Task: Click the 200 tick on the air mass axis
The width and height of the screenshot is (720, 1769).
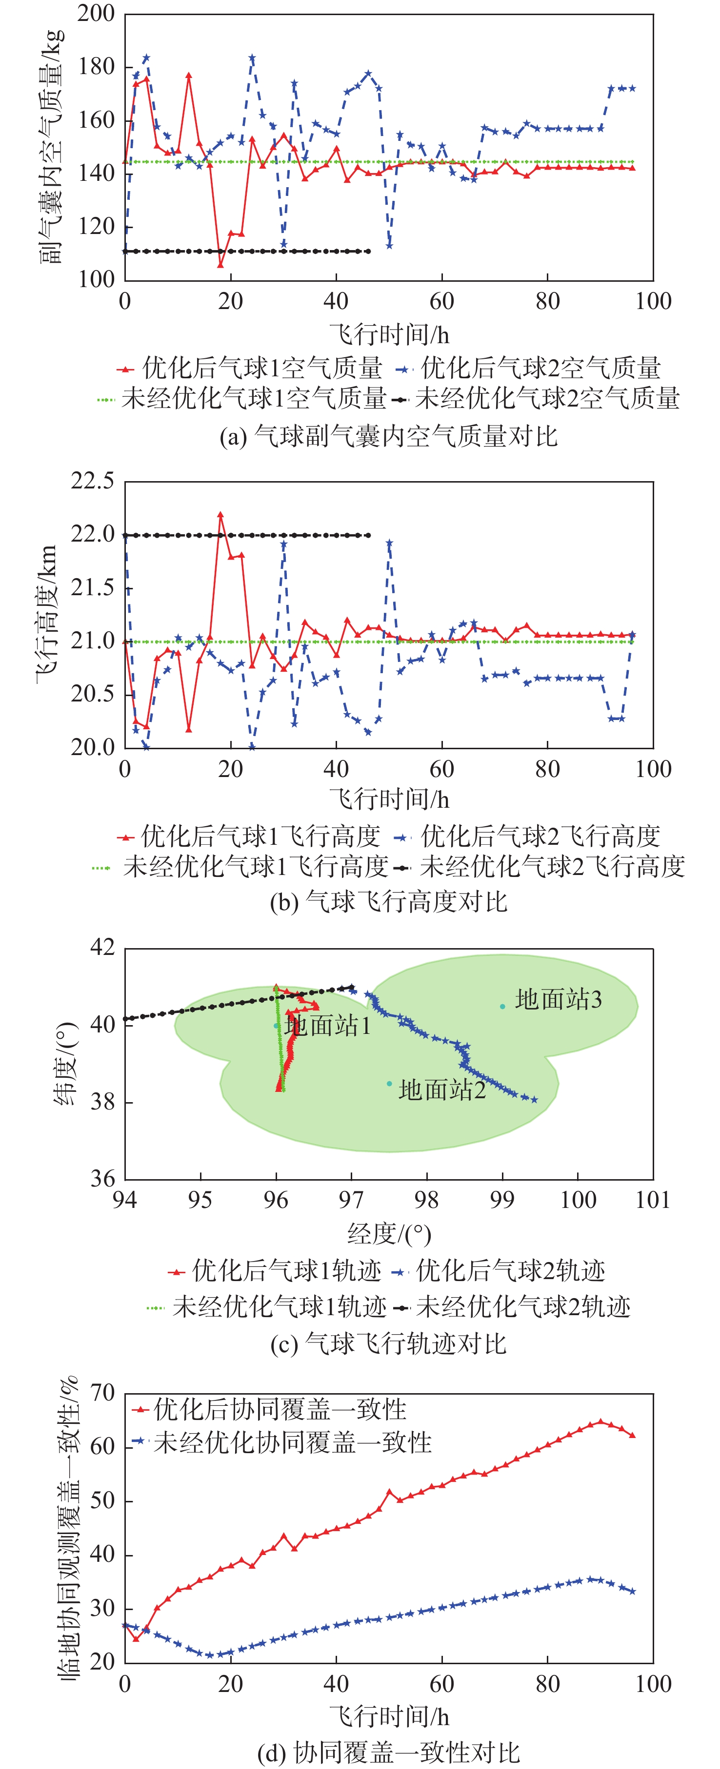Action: point(96,14)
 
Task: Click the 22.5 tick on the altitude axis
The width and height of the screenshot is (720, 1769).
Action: point(93,482)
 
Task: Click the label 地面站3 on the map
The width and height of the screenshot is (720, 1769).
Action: point(559,1000)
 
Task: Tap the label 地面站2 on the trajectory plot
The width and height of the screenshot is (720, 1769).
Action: point(442,1090)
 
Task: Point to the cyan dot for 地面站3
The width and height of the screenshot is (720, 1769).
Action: point(502,1007)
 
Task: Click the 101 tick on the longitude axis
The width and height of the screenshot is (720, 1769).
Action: point(653,1200)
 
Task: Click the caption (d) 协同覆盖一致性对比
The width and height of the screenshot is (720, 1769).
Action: point(388,1752)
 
